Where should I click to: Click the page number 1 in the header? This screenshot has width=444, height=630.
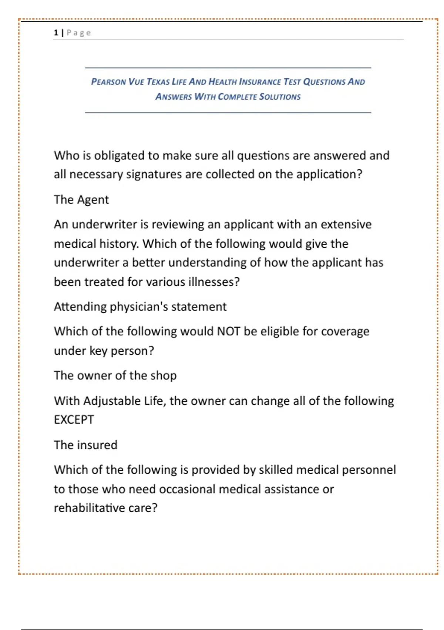[x=56, y=33]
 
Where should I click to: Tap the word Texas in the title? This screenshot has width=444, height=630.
[x=158, y=82]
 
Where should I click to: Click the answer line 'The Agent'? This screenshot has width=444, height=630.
[x=81, y=199]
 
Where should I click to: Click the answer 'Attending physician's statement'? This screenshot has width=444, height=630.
[x=140, y=306]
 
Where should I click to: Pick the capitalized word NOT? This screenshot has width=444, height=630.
[x=228, y=331]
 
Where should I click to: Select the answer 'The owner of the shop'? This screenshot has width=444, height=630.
[x=115, y=375]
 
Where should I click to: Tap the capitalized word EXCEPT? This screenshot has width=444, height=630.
[x=74, y=420]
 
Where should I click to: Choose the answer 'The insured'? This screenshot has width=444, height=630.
[x=85, y=445]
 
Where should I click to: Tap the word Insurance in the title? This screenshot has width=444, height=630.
[x=260, y=82]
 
